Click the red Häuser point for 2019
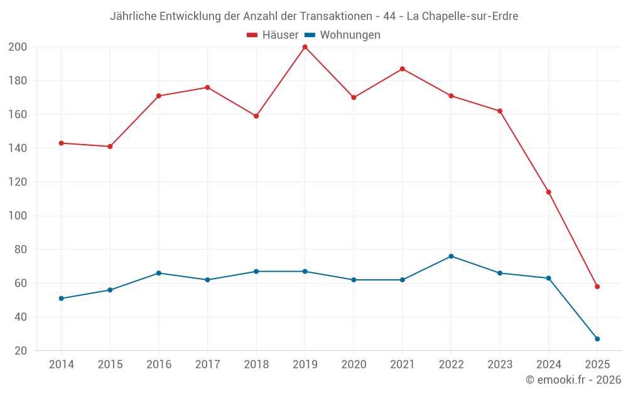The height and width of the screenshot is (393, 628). coord(305,47)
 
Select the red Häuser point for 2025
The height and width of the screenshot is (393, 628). coord(597,287)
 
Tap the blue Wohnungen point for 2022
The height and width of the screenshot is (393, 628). coord(451,257)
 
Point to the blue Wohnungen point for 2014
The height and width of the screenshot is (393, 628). coord(61,299)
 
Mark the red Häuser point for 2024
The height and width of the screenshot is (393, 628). coord(548,192)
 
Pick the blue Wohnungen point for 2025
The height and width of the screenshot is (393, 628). coord(597,339)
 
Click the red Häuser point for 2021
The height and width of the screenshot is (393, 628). coord(403,69)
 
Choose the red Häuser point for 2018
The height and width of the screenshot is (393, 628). coord(256,116)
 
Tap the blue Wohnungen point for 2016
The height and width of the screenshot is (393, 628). coord(159,273)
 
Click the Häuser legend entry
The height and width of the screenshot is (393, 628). coord(273,35)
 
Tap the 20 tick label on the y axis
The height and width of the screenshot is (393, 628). coord(20,351)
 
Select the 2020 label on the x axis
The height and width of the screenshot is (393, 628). coord(354,365)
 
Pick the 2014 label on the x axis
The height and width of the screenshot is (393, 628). coord(61,365)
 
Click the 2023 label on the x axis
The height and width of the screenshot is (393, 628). coord(500,365)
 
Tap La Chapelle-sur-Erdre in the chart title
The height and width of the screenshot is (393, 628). coord(462,16)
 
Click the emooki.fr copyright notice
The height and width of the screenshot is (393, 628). coord(573,380)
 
